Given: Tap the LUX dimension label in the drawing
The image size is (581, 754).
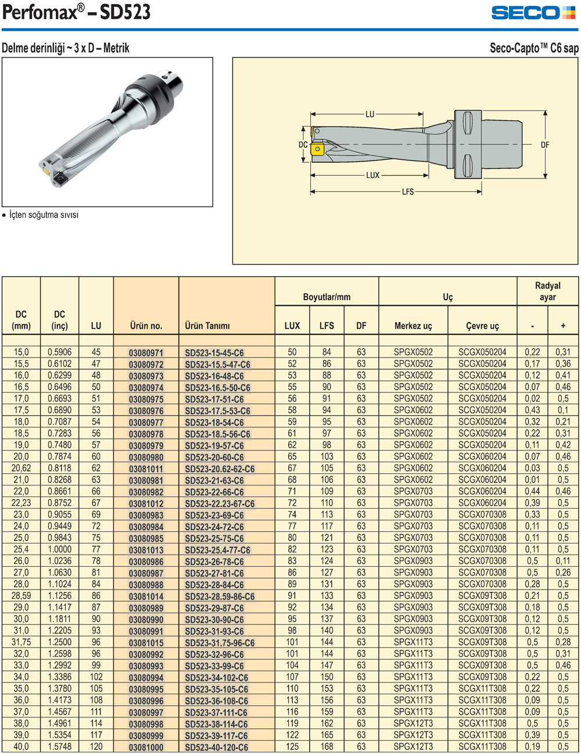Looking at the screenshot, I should tap(372, 175).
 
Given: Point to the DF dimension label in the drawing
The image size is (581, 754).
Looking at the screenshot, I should tap(545, 145).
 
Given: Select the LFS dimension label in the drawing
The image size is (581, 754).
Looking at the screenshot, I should tap(408, 192).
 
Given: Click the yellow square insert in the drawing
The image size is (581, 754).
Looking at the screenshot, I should tap(317, 149).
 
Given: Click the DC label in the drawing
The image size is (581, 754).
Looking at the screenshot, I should tap(303, 145).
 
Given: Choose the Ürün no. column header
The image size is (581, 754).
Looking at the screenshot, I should tap(146, 326).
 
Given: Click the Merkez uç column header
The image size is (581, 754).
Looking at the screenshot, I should tap(413, 326).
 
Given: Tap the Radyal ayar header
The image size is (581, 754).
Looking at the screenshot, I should tap(547, 291).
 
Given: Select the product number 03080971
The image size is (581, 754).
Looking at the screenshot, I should tap(146, 353).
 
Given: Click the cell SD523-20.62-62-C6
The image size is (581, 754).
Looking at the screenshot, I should tap(220, 469).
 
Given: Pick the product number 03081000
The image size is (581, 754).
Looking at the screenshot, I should tap(146, 747).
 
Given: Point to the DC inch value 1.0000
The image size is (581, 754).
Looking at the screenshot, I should tap(59, 549).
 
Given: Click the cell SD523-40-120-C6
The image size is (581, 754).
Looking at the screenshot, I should tap(216, 747).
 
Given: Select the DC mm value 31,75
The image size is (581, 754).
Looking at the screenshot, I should tap(21, 642).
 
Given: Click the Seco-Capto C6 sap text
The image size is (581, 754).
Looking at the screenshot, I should tap(534, 48).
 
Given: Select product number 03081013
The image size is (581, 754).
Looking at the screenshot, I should tap(146, 550).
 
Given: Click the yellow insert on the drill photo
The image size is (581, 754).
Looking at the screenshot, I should tap(44, 171).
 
